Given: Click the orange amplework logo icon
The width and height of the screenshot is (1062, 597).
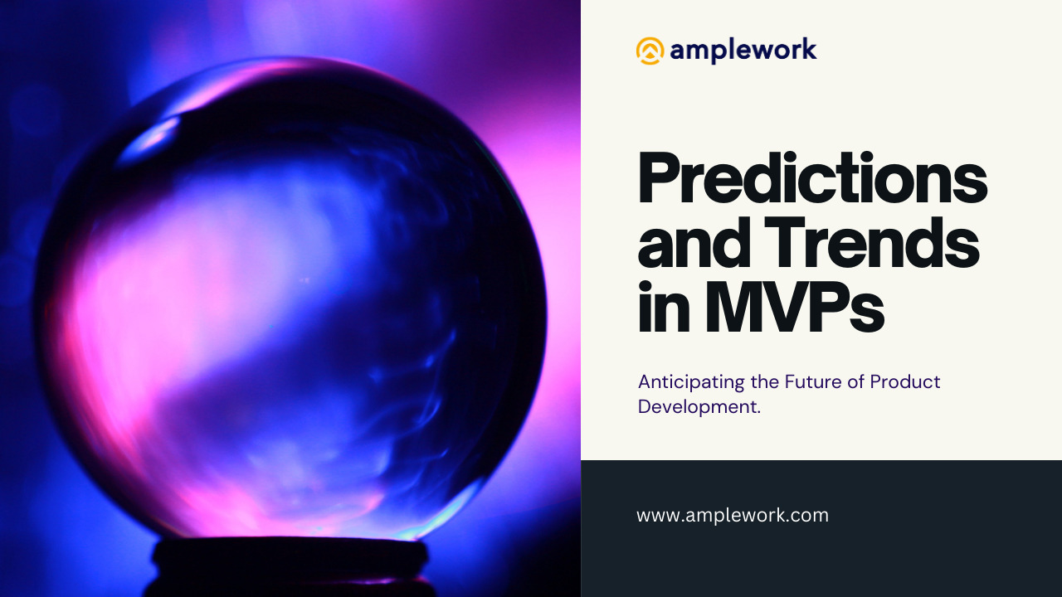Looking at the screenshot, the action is tap(650, 51).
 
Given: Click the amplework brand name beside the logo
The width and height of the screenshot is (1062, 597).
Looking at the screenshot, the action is tap(743, 51).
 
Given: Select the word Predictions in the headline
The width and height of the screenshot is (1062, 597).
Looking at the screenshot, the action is tap(812, 178).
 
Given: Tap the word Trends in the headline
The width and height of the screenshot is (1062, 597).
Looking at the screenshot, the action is tap(871, 242).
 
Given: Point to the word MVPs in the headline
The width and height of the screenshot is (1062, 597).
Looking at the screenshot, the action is tap(794, 306).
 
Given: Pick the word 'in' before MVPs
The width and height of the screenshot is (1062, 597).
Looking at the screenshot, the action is tap(664, 306).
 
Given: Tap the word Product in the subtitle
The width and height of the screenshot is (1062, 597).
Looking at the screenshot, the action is tap(905, 381).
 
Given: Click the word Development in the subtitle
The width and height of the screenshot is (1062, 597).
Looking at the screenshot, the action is tap(696, 407).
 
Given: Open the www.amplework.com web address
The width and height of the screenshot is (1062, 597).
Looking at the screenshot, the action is tap(733, 516).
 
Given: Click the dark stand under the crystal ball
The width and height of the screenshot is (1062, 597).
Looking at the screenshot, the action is tap(290, 566).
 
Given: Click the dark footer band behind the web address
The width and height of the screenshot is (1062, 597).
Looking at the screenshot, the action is tap(821, 528).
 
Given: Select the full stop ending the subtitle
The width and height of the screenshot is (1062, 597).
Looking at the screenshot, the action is tap(758, 414).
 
